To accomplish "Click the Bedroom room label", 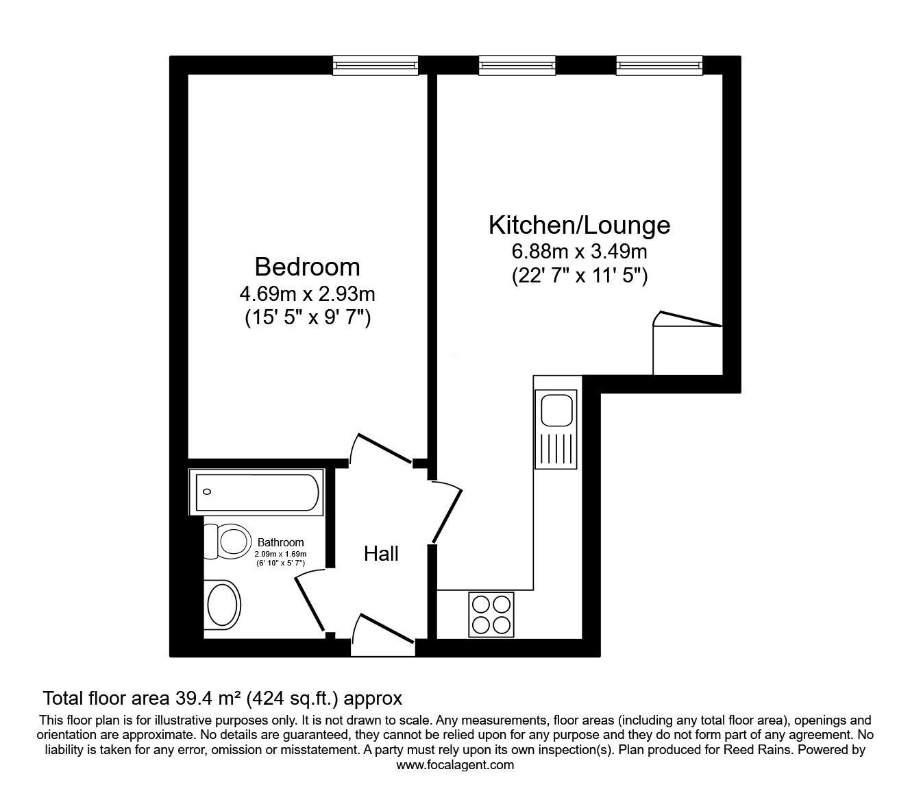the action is click(x=307, y=267).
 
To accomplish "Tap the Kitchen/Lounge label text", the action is click(x=579, y=225).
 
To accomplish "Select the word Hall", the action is click(x=381, y=554).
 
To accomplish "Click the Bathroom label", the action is click(x=280, y=542).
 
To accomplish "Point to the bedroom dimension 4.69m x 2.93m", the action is click(x=307, y=294).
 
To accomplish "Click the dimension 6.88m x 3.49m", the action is click(x=579, y=252).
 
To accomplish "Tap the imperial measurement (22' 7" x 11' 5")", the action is click(x=579, y=277).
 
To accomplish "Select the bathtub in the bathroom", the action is click(x=256, y=492).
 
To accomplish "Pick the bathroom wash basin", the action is click(x=223, y=603).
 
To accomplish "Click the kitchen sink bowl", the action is click(x=556, y=411).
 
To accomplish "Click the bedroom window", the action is click(x=375, y=66).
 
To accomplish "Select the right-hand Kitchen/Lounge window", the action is click(x=659, y=66).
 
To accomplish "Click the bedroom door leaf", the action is click(x=385, y=448).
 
